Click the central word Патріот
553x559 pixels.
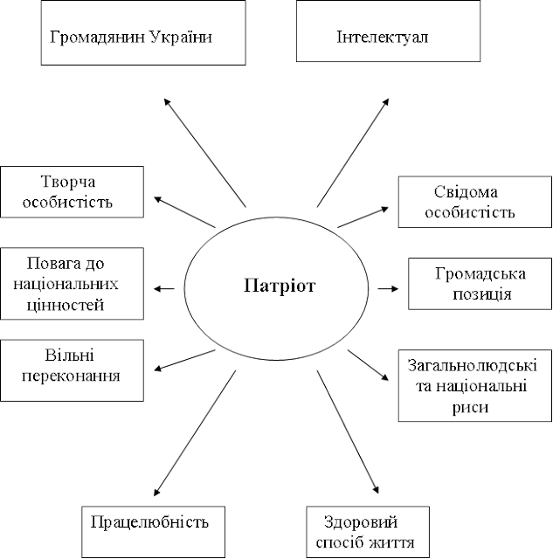pyautogui.click(x=280, y=286)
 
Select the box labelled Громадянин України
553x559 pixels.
pyautogui.click(x=143, y=32)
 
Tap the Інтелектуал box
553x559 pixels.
pyautogui.click(x=388, y=31)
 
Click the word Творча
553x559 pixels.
pyautogui.click(x=68, y=182)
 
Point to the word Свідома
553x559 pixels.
pyautogui.click(x=466, y=192)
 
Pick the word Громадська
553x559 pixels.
pyautogui.click(x=480, y=274)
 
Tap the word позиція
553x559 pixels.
pyautogui.click(x=481, y=294)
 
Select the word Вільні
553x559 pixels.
pyautogui.click(x=70, y=355)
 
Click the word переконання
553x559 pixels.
pyautogui.click(x=71, y=376)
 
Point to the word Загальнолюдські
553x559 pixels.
pyautogui.click(x=473, y=365)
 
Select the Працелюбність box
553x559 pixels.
pyautogui.click(x=153, y=532)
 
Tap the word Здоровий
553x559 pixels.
pyautogui.click(x=361, y=522)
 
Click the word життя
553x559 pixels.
pyautogui.click(x=391, y=543)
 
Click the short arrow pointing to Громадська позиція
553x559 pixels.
pyautogui.click(x=388, y=288)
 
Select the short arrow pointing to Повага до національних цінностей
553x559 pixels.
pyautogui.click(x=164, y=288)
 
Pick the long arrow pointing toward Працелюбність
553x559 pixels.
pyautogui.click(x=195, y=433)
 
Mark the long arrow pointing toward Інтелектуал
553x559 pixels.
pyautogui.click(x=353, y=153)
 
